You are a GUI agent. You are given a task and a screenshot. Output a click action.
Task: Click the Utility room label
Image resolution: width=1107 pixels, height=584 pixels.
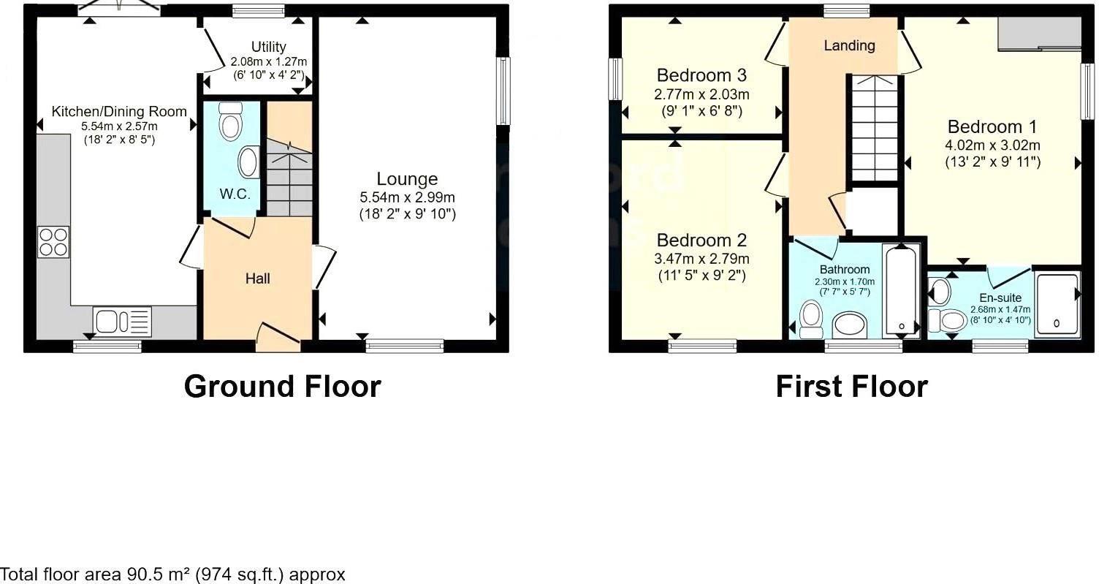point(268,47)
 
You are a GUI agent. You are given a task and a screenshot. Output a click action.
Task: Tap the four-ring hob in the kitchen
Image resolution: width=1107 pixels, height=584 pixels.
point(54,242)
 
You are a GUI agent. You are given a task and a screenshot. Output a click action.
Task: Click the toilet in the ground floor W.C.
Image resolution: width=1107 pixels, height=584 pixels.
point(231,121)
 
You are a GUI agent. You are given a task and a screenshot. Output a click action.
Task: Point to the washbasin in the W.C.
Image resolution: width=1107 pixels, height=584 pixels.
point(249,162)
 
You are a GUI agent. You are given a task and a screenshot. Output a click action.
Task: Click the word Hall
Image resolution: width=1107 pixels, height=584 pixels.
point(257,278)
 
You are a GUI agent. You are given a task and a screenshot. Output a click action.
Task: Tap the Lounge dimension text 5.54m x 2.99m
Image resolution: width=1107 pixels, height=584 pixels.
point(407,197)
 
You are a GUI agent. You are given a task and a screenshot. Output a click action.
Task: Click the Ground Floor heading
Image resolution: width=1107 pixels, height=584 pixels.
point(282,386)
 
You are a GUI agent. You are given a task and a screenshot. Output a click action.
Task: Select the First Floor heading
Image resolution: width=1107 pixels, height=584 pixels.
point(851,386)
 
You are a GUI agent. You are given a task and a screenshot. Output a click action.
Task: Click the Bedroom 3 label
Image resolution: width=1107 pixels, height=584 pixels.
point(701,75)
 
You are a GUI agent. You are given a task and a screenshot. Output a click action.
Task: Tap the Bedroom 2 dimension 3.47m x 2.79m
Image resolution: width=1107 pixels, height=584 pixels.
point(701,259)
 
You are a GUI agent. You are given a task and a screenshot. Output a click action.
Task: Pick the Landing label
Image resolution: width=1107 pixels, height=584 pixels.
point(849,45)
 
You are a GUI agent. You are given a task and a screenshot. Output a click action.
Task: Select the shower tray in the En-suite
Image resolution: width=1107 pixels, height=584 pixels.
point(1057,306)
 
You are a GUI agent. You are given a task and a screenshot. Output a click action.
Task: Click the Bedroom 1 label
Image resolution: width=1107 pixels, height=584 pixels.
point(992,126)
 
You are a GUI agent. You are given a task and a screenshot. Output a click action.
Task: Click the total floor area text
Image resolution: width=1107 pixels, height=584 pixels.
point(173,574)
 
